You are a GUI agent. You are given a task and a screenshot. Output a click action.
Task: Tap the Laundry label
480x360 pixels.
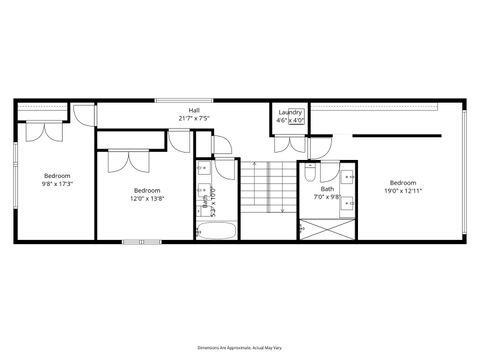[291, 112]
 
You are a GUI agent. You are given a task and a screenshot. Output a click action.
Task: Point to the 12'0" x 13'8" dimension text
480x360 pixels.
[147, 197]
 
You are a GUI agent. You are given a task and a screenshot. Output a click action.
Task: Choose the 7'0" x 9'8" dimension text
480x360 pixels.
[328, 196]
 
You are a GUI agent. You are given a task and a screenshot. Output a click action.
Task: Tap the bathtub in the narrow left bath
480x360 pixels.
[216, 232]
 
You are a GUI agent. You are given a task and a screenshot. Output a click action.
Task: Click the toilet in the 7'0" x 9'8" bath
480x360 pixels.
[310, 174]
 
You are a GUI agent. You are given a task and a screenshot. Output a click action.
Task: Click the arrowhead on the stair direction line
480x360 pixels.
[284, 212]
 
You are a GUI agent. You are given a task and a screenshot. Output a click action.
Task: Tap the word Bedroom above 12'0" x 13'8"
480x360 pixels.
[147, 190]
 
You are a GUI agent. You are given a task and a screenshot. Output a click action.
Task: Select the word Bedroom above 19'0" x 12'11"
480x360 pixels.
[403, 182]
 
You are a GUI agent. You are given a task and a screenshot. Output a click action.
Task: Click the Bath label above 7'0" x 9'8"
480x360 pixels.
[328, 189]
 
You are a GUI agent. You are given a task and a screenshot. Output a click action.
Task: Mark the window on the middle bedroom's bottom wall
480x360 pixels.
[141, 241]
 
